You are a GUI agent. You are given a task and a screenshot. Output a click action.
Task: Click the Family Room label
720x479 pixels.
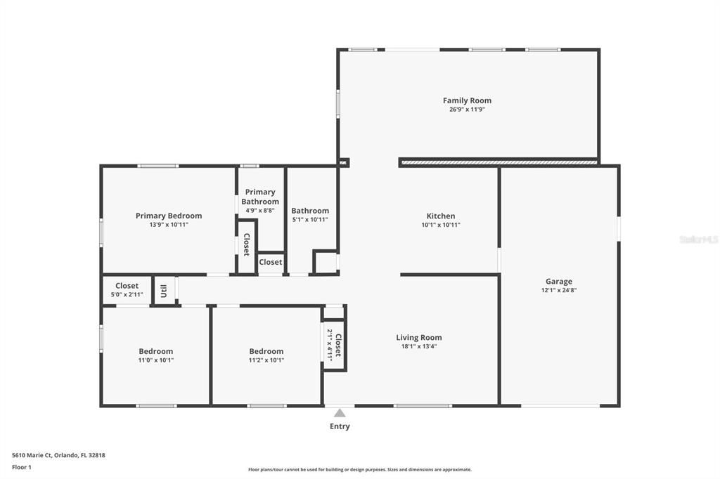[467, 100]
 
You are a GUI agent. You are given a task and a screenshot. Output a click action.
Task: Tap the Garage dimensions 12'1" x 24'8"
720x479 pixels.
[559, 290]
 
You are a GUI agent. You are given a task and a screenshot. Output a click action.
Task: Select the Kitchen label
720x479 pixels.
[441, 216]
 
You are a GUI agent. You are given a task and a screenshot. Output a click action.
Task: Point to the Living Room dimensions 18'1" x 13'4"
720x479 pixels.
[418, 346]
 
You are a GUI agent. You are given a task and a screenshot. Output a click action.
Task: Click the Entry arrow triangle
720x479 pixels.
[340, 413]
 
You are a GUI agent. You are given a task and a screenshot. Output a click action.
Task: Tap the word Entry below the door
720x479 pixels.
[340, 426]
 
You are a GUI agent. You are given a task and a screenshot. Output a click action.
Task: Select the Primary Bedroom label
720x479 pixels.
[169, 216]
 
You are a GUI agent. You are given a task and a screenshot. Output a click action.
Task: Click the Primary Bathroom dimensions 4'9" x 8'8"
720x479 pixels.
[260, 211]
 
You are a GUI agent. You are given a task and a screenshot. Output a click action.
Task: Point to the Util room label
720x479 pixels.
[163, 290]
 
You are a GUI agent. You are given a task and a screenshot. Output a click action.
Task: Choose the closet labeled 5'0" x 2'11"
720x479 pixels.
[127, 290]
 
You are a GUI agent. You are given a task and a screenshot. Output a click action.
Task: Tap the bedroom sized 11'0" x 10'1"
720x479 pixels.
[155, 355]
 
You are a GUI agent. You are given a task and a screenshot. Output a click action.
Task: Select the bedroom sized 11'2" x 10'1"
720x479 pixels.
[266, 355]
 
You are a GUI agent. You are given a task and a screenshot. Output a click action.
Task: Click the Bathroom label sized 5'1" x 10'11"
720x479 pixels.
[310, 211]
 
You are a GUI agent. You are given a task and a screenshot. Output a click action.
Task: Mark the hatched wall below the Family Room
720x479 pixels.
[498, 162]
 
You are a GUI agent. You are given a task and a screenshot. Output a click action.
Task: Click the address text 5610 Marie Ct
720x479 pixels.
[58, 455]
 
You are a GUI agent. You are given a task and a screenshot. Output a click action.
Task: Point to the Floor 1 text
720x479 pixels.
[22, 467]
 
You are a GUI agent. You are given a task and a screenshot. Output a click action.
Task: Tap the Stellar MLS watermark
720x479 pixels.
[698, 240]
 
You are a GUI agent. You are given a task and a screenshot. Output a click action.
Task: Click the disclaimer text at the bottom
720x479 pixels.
[359, 470]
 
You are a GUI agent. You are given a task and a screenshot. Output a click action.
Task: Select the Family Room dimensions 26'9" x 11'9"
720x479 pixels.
[467, 110]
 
